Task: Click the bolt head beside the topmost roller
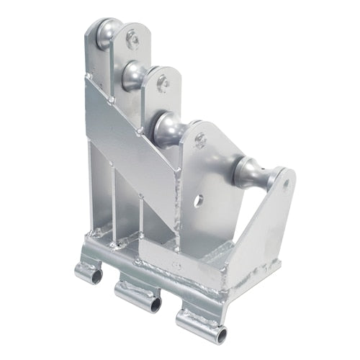(133, 40)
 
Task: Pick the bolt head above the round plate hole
(201, 141)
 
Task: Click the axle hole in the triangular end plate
(287, 185)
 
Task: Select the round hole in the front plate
(198, 199)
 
